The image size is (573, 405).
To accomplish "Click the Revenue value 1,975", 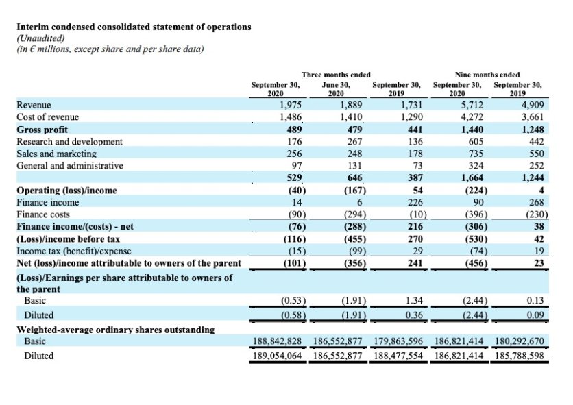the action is (x=291, y=105).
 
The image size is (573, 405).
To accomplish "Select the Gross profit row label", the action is (x=42, y=130).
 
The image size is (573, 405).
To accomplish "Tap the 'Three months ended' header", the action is (x=336, y=75).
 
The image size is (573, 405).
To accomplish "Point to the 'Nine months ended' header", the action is (x=487, y=75).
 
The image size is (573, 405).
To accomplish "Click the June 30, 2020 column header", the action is (x=336, y=89).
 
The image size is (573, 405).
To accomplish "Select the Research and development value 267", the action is (x=355, y=141).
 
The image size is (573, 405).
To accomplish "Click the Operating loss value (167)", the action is (x=355, y=190).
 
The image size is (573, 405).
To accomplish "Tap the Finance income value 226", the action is (x=415, y=202).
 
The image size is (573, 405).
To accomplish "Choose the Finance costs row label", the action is (x=43, y=214).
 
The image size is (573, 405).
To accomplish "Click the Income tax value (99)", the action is (x=356, y=251).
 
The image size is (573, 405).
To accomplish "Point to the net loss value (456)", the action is (x=476, y=263).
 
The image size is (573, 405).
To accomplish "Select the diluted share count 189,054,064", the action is (x=278, y=356).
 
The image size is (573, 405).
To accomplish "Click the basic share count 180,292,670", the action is (x=520, y=341).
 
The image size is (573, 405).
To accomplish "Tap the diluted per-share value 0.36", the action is (x=414, y=315).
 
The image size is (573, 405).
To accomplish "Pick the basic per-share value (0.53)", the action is (x=293, y=300).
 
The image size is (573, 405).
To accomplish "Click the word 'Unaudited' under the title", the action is (x=41, y=38).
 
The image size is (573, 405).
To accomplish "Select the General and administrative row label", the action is (x=70, y=166).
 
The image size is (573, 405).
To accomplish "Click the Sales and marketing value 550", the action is (x=537, y=154).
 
